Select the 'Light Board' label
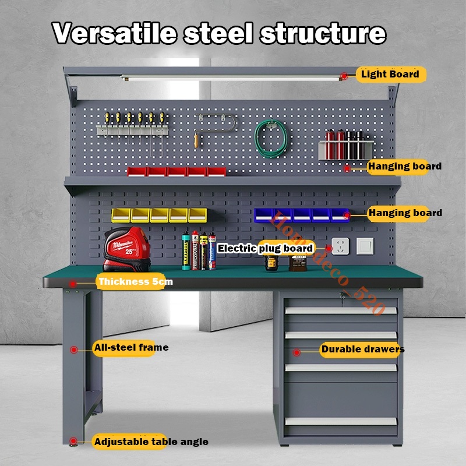(x=390, y=75)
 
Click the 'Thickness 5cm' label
(x=136, y=282)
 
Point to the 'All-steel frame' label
(x=131, y=348)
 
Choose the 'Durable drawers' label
(x=362, y=350)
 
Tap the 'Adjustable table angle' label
(x=151, y=442)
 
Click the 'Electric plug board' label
(x=265, y=249)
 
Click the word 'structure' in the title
(x=322, y=33)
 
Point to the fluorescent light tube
(x=233, y=77)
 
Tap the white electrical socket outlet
(x=340, y=246)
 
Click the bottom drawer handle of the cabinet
(x=341, y=421)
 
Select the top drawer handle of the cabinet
(x=341, y=310)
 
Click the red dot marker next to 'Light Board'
(x=344, y=76)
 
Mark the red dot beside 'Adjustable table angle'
(x=73, y=441)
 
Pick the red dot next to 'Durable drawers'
(x=296, y=352)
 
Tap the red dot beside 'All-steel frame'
(x=74, y=349)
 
